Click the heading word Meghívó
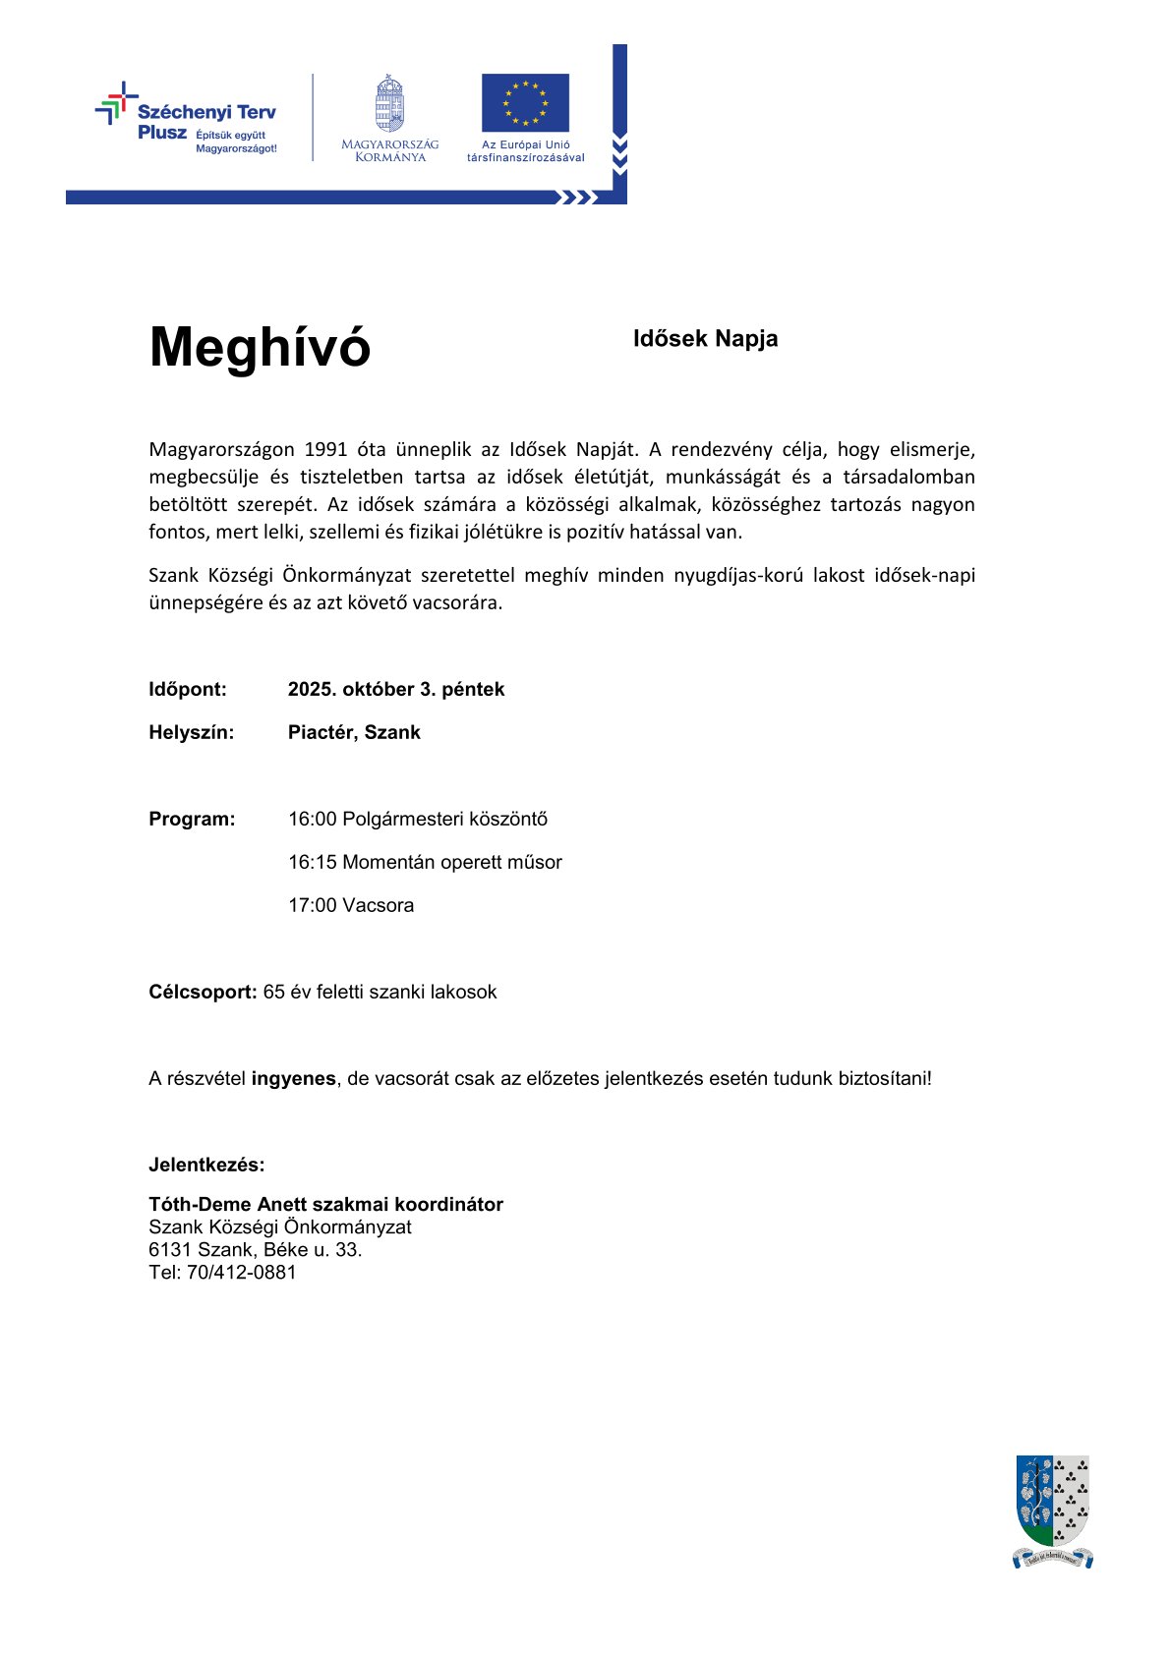(260, 347)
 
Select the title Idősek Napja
(705, 339)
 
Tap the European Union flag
(525, 102)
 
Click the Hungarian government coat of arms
(389, 103)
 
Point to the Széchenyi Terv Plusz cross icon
(116, 103)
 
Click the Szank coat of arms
(1052, 1510)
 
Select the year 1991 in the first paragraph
(325, 450)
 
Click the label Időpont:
(188, 690)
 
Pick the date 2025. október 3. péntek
(395, 690)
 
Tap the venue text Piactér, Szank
(354, 733)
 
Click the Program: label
(192, 820)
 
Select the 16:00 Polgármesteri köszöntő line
(418, 820)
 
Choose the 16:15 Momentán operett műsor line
(425, 863)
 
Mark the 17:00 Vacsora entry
(351, 906)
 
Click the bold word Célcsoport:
(203, 993)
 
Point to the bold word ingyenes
(293, 1079)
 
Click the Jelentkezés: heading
(206, 1166)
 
